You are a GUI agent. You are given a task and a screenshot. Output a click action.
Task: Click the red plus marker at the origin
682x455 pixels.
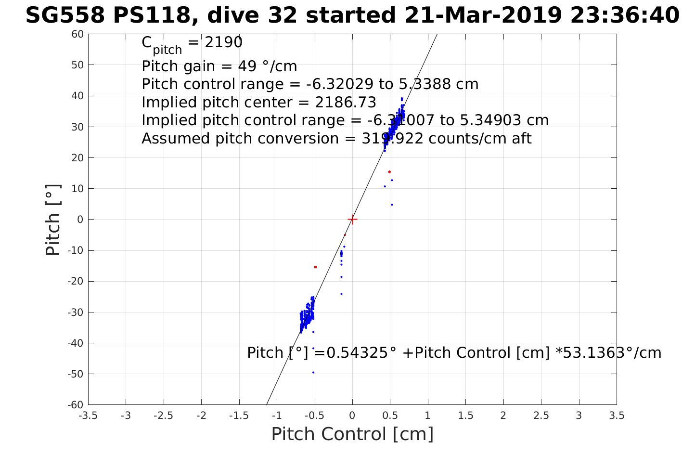[352, 220]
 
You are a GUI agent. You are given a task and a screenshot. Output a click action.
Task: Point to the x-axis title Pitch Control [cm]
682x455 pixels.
[352, 434]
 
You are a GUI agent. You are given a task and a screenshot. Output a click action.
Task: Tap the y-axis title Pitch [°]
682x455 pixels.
[53, 220]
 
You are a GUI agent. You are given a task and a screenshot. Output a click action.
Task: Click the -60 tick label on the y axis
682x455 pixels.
[76, 404]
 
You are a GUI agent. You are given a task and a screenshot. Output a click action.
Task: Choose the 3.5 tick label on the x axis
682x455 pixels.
[617, 416]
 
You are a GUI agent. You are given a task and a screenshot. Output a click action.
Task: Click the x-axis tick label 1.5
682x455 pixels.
[465, 416]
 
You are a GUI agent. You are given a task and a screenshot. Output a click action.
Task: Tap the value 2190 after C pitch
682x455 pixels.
[224, 42]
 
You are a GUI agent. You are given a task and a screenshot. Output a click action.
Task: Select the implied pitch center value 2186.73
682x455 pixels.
[346, 103]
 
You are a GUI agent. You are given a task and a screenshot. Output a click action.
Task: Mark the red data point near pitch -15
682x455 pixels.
[315, 267]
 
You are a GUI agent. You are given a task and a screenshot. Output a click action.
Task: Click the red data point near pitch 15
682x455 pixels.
[389, 172]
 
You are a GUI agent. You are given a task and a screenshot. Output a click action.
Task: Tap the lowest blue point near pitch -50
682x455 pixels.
[313, 372]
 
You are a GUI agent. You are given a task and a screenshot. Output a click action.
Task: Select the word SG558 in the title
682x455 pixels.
[64, 15]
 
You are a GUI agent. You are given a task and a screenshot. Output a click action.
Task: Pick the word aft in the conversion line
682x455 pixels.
[520, 139]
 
